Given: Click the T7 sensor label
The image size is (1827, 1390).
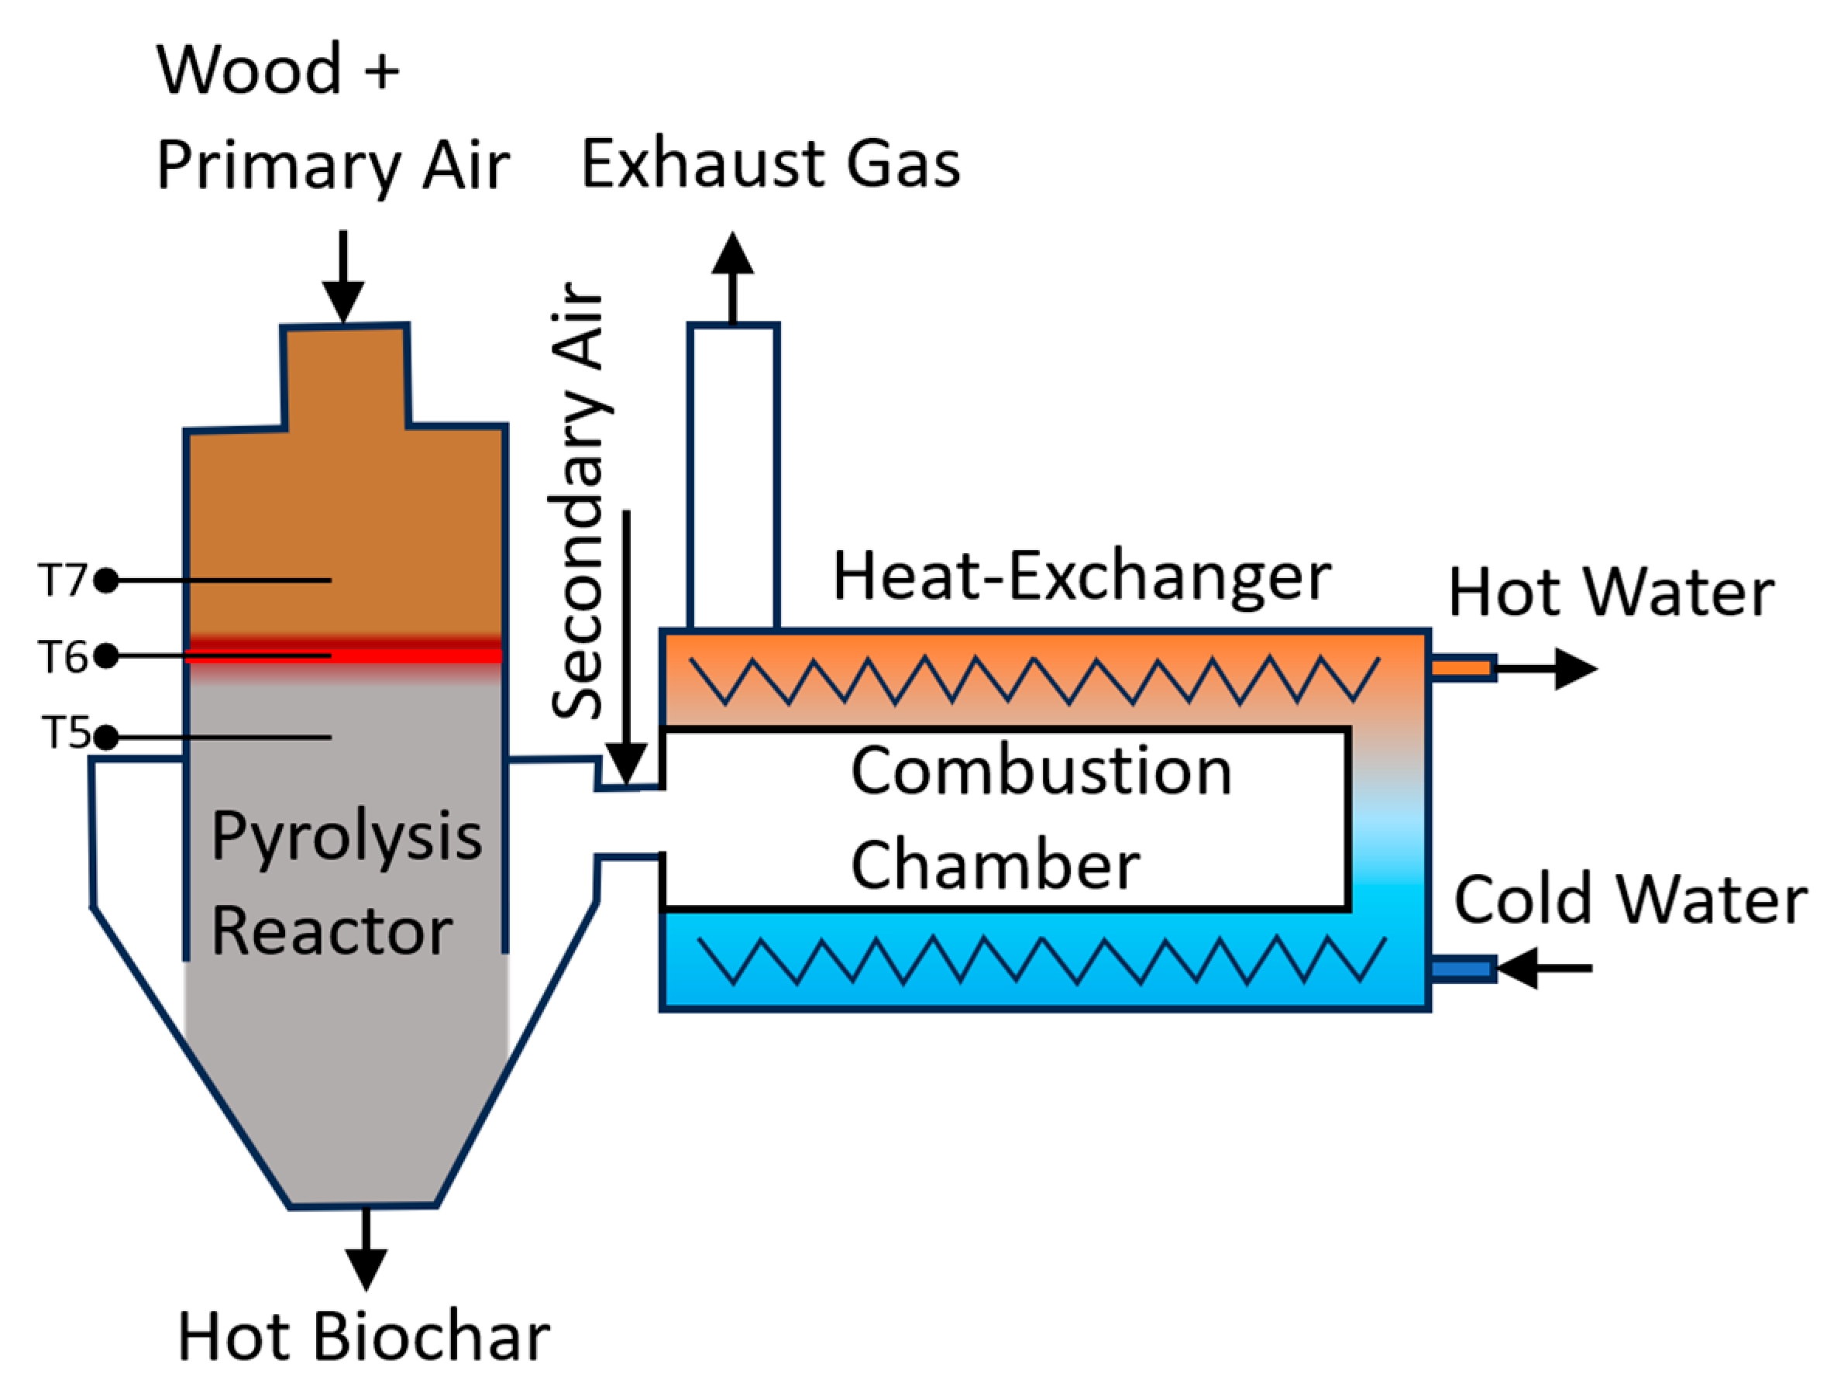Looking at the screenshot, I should point(62,580).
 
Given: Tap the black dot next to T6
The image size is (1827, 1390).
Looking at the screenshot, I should point(106,656).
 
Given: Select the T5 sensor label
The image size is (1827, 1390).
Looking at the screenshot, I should point(65,733).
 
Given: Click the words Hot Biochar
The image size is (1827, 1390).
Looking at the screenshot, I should point(364,1337).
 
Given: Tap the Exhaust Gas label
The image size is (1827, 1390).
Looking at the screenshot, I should point(770,163).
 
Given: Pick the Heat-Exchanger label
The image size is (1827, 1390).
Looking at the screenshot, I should point(1082,576).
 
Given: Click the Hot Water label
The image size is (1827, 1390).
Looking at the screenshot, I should point(1611,594).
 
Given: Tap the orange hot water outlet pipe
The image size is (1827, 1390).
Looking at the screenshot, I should point(1462,668).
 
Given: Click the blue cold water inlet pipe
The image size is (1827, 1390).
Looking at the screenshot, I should point(1462,968).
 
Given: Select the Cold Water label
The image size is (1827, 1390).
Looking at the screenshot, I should point(1630,900).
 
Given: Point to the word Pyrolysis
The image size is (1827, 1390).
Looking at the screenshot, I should point(346,837).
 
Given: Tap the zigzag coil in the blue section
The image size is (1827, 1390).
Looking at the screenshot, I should point(1043,960).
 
